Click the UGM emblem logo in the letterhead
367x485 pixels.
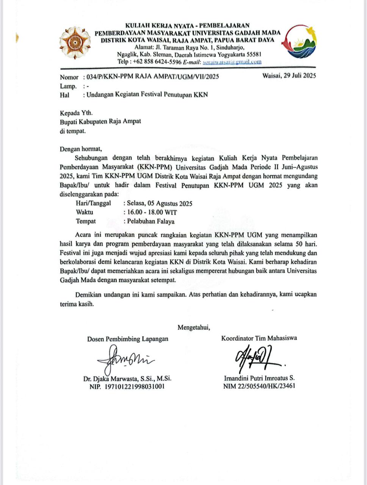(75, 42)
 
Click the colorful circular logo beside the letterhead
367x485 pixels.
(301, 42)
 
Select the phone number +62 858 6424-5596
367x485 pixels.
(156, 62)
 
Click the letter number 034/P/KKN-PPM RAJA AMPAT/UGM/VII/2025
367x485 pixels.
(152, 77)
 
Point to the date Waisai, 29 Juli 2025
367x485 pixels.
(289, 75)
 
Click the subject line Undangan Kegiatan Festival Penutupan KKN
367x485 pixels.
(147, 95)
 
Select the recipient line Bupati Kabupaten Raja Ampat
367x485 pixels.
(100, 122)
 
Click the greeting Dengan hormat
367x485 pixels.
(81, 149)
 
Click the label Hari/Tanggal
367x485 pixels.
(93, 203)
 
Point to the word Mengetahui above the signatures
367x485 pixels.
(194, 327)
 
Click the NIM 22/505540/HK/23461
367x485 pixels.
(259, 386)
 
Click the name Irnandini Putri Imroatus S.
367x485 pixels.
(259, 378)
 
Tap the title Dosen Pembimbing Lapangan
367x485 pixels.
(128, 339)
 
